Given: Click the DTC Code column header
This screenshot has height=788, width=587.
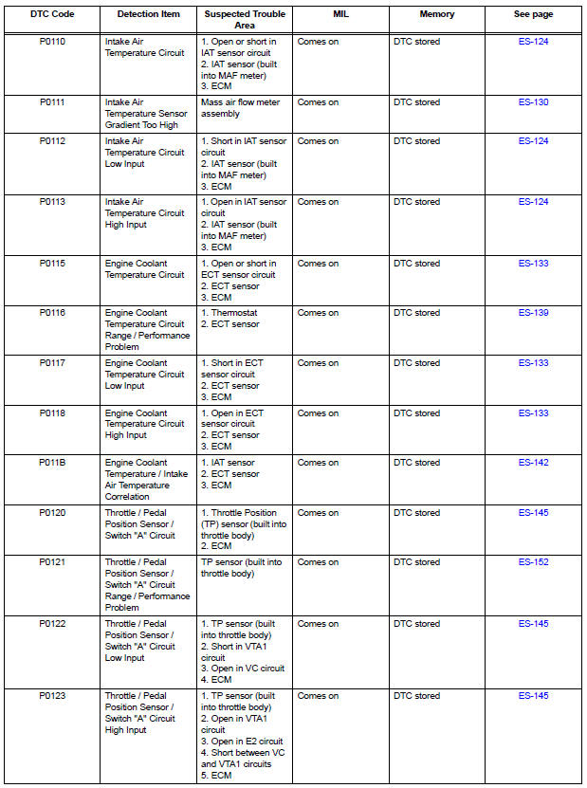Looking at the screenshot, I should point(52,15).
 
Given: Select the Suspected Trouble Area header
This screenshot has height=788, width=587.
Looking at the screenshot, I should point(244,19).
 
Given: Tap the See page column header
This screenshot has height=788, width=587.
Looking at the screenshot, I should point(533,15).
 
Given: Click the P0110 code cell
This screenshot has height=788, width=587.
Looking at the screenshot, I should point(52,42).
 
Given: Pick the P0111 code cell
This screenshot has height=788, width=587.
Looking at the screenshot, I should point(52,102).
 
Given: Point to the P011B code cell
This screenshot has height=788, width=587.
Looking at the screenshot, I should point(52,463).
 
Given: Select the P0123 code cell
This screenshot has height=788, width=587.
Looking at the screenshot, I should point(52,696).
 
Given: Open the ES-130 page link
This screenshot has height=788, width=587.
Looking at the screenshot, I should point(533,102).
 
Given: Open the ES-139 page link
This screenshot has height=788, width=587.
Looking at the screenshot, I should point(533,313).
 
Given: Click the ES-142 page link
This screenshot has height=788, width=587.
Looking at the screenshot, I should point(533,463).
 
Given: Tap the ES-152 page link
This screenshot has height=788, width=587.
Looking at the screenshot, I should point(533,562).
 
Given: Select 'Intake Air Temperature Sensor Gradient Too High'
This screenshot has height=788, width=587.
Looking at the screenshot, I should point(146,114).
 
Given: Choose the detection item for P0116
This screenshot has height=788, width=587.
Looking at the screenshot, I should point(146,330).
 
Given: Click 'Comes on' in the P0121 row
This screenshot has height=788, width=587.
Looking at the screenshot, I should point(318,562).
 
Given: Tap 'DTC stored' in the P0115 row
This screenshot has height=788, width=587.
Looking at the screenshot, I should point(416,264).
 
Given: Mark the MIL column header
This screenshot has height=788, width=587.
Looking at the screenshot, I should point(340,15).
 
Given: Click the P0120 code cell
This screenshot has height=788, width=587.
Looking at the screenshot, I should point(52,513).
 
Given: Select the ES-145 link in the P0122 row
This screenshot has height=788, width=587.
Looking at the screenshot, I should point(533,624).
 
